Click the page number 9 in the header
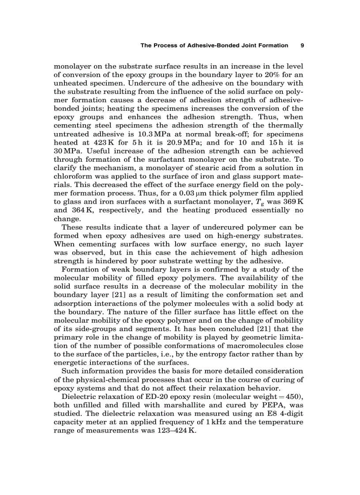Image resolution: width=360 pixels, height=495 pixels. (x=302, y=45)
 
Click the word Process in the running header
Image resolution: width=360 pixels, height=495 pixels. (x=167, y=45)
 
